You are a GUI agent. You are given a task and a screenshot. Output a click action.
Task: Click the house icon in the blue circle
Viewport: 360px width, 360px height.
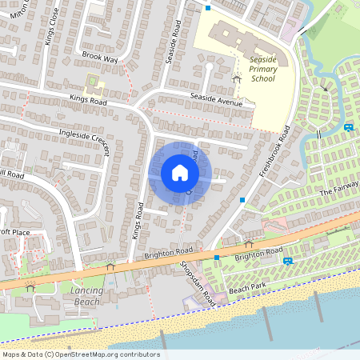click(x=179, y=173)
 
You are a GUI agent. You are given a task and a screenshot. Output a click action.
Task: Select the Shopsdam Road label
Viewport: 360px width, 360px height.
click(x=198, y=280)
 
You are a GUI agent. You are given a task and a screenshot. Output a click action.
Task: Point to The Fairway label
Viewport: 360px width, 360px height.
click(x=335, y=191)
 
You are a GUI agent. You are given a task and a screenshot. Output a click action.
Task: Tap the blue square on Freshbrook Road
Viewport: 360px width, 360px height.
click(x=242, y=199)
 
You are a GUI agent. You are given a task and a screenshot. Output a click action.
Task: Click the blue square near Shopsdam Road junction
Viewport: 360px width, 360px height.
click(x=216, y=258)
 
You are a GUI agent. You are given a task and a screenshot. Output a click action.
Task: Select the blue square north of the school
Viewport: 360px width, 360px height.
click(x=208, y=8)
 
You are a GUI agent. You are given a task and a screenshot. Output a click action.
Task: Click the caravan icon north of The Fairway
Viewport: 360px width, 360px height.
click(x=348, y=127)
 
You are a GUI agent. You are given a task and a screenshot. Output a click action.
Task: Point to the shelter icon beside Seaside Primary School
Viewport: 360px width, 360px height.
click(x=237, y=78)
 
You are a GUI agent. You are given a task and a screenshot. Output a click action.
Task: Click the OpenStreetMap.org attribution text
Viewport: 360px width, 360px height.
click(x=112, y=354)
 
